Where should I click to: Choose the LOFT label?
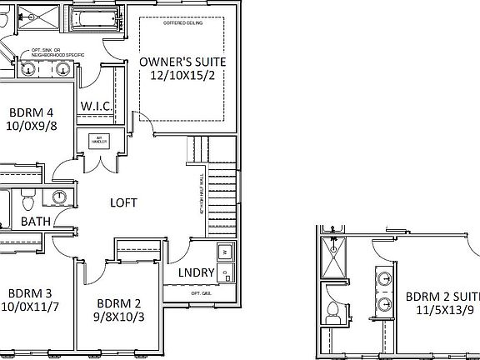click(123, 202)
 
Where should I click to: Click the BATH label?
click(34, 221)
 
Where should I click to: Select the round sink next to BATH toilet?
click(60, 197)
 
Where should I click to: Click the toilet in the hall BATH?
click(27, 201)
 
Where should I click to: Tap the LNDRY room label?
click(197, 273)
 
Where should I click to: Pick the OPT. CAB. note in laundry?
click(201, 293)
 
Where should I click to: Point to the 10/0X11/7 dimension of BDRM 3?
click(31, 307)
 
